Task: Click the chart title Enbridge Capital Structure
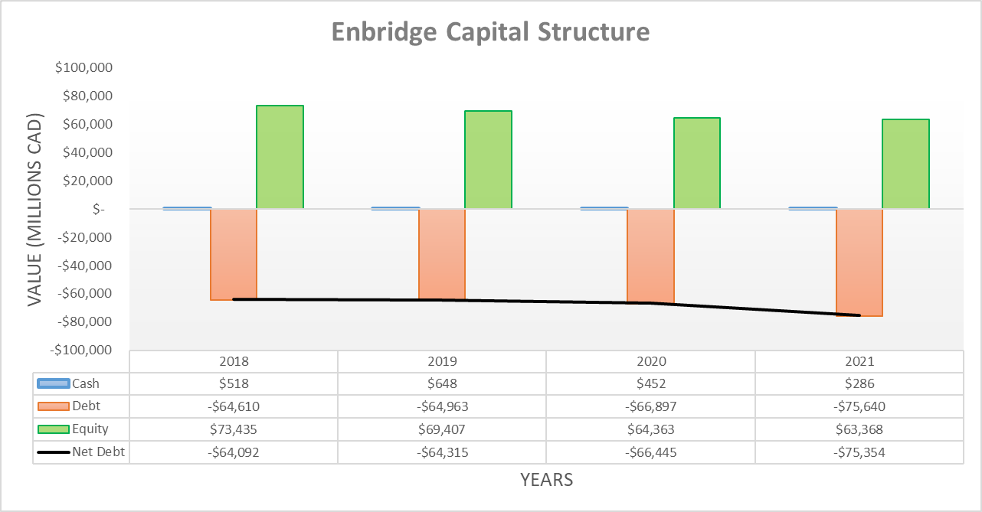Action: [490, 32]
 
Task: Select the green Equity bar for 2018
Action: [280, 157]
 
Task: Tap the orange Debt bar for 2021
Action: [859, 262]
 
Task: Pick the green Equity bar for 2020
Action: [696, 163]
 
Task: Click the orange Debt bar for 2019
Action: [442, 254]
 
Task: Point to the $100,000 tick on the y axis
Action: [84, 68]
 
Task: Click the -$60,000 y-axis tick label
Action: [84, 293]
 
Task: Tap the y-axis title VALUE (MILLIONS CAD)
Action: [35, 211]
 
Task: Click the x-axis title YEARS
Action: [546, 480]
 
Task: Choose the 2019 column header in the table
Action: [442, 361]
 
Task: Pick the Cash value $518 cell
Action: [234, 384]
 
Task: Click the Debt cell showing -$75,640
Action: [859, 406]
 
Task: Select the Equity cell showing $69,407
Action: [442, 429]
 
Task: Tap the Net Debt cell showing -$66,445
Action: [650, 452]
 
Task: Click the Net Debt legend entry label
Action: [98, 452]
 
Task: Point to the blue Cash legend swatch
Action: [53, 384]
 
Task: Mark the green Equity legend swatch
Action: [53, 429]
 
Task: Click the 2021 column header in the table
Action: [859, 361]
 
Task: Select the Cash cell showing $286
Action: [859, 384]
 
